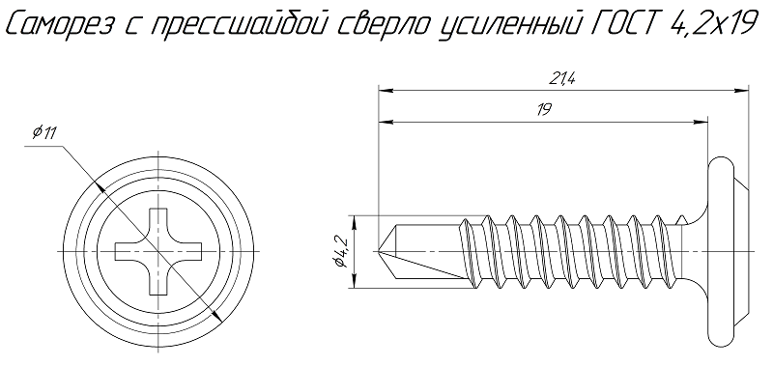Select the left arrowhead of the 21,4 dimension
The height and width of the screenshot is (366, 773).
tap(383, 91)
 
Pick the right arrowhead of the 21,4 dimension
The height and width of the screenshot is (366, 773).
tap(745, 91)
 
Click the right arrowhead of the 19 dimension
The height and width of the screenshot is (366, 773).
tap(704, 122)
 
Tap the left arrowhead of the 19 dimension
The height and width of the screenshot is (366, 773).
tap(383, 122)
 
